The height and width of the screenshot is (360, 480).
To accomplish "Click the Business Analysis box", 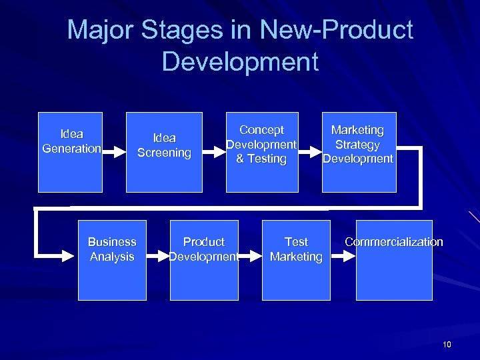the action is pos(112,260).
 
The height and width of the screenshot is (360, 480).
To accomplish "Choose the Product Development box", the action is pos(204,260).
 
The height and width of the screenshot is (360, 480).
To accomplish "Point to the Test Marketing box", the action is pos(296,260).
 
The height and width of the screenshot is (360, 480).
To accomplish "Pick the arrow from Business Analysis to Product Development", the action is pos(158,255).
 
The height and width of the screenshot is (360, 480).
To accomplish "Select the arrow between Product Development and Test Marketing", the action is pos(250,255).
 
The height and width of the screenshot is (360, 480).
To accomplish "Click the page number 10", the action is pos(447,345).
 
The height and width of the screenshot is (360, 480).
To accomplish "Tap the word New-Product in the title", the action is pos(337,30).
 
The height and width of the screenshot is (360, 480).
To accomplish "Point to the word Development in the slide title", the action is pos(240,62).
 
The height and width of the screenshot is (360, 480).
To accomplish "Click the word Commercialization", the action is pos(393,242).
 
